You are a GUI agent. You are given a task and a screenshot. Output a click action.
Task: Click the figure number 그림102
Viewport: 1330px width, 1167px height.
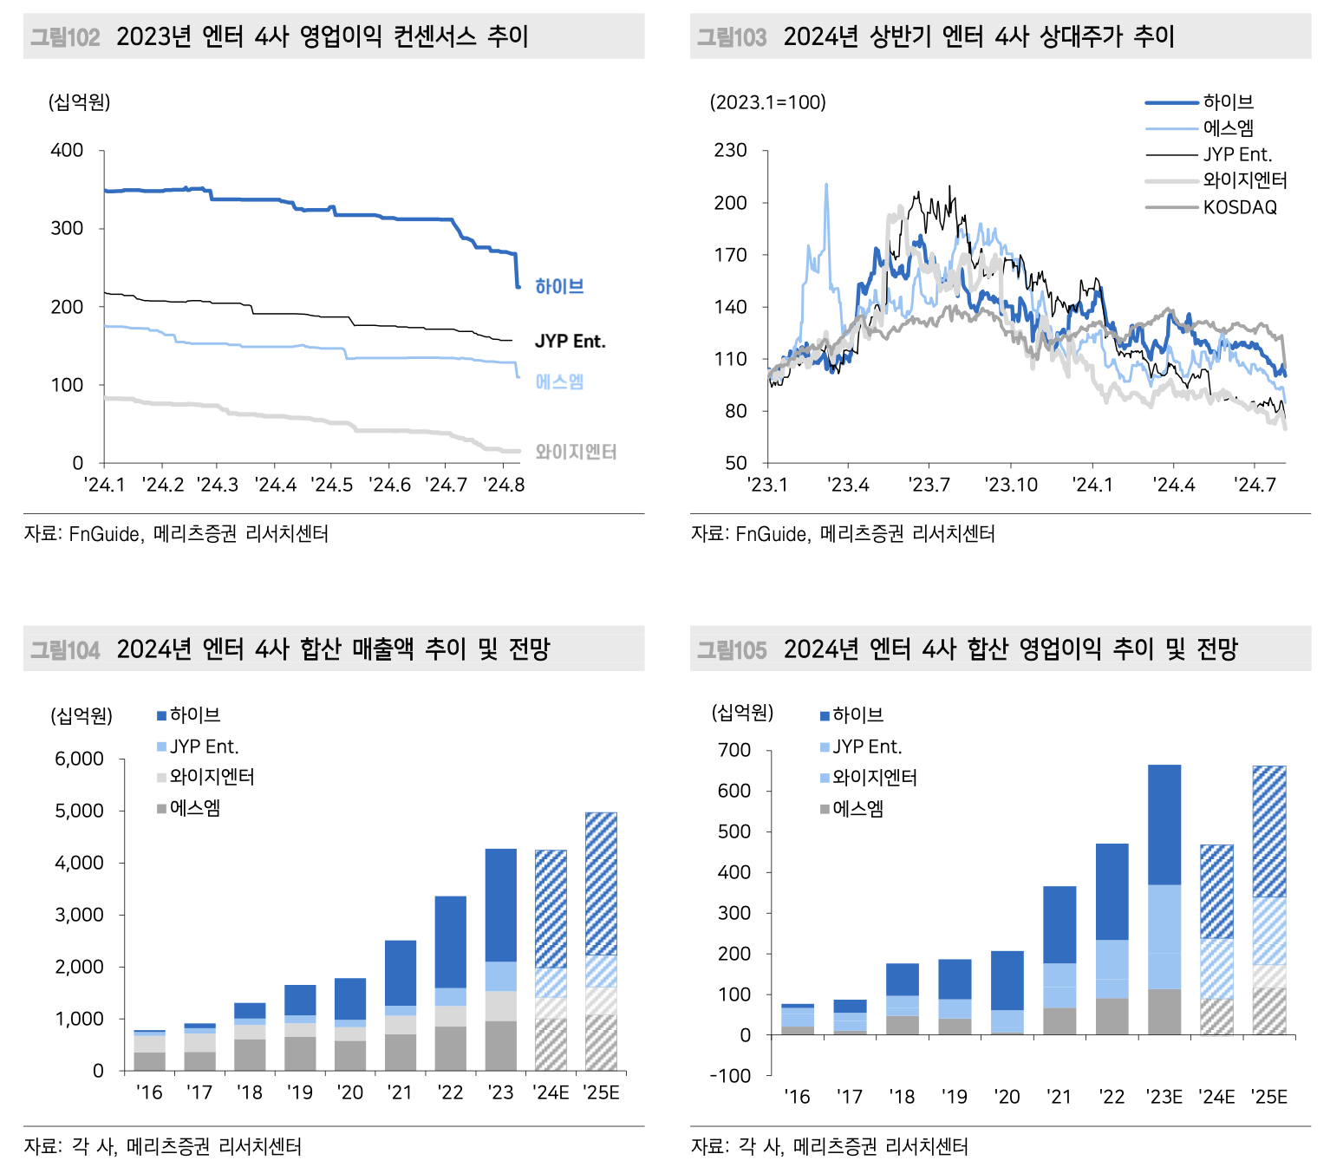pos(65,37)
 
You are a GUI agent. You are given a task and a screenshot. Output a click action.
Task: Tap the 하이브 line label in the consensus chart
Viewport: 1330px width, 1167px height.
pos(559,286)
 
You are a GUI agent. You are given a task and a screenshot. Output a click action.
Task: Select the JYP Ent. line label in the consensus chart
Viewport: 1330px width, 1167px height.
pos(570,342)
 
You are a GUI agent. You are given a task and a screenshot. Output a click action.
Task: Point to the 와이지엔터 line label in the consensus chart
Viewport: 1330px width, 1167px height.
pos(576,452)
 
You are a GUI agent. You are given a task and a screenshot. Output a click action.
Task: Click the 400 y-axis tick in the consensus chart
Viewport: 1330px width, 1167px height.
pos(67,151)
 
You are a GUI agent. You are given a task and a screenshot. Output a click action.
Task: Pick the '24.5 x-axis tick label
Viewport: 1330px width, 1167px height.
pos(332,485)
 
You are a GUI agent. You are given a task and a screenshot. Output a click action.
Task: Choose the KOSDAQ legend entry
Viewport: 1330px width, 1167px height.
pos(1240,207)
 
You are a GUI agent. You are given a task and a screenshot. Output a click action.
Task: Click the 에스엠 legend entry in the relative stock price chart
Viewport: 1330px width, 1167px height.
pos(1228,128)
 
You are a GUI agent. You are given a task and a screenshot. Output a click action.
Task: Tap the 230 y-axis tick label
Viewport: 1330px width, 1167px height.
pos(730,151)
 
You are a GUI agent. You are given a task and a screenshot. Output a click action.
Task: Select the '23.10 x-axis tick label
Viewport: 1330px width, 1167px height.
pos(1011,485)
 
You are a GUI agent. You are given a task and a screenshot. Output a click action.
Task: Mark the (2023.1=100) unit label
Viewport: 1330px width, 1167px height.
pos(768,102)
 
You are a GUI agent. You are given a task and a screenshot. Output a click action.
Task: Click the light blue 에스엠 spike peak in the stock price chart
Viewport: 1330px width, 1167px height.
pos(825,185)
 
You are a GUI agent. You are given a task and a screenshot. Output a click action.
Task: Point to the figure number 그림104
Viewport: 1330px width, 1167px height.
pos(65,649)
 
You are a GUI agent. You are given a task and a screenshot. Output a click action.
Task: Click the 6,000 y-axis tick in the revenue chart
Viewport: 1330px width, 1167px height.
pos(79,760)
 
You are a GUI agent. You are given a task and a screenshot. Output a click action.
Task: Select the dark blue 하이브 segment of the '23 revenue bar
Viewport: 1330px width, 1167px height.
pos(500,904)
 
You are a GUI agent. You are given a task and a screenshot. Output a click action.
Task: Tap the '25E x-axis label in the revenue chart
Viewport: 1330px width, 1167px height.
pos(601,1092)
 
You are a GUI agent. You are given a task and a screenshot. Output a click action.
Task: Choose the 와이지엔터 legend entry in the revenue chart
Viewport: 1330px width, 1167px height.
pos(212,777)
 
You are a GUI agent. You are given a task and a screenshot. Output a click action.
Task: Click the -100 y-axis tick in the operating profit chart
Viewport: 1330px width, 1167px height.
pos(730,1076)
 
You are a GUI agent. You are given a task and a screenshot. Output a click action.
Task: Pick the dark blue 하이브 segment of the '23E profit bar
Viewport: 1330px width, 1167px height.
pos(1164,824)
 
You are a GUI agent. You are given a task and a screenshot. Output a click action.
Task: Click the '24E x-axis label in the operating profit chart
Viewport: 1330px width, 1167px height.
pos(1216,1097)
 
